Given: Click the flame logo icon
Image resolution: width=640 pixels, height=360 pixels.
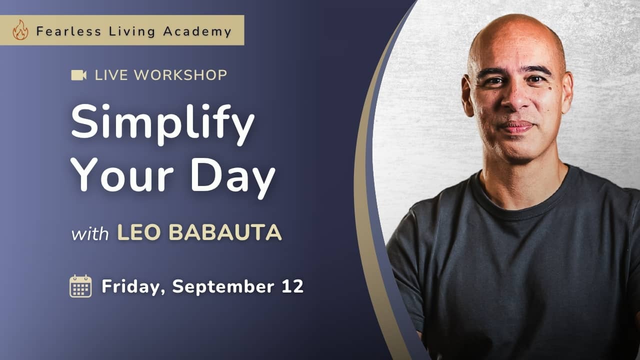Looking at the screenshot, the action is [20, 29].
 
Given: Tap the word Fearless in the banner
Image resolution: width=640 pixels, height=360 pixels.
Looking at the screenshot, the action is [68, 31].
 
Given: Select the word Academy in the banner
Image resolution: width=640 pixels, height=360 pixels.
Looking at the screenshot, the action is [197, 31].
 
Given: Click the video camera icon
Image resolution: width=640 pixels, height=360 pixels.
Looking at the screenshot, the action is [79, 75].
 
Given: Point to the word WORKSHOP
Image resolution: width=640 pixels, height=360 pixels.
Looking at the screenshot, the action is [180, 75].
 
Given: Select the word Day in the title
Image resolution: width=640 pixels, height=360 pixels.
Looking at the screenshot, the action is [233, 177].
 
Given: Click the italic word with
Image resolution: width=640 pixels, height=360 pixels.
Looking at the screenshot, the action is [90, 234].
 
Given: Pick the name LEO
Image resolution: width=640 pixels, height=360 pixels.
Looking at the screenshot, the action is [139, 232].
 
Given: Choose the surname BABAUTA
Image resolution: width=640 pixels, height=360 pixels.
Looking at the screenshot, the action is [225, 232].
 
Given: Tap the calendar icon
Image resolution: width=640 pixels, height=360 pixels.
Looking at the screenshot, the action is [81, 286].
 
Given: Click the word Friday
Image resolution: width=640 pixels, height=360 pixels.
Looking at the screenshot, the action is [133, 286].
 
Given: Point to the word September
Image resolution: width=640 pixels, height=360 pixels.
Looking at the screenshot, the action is [223, 286].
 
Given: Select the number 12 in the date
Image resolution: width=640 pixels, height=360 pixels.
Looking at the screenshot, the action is [292, 286].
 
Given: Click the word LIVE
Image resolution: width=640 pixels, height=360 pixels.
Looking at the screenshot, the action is [111, 75].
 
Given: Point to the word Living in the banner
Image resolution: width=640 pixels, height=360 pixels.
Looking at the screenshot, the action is [132, 31].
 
